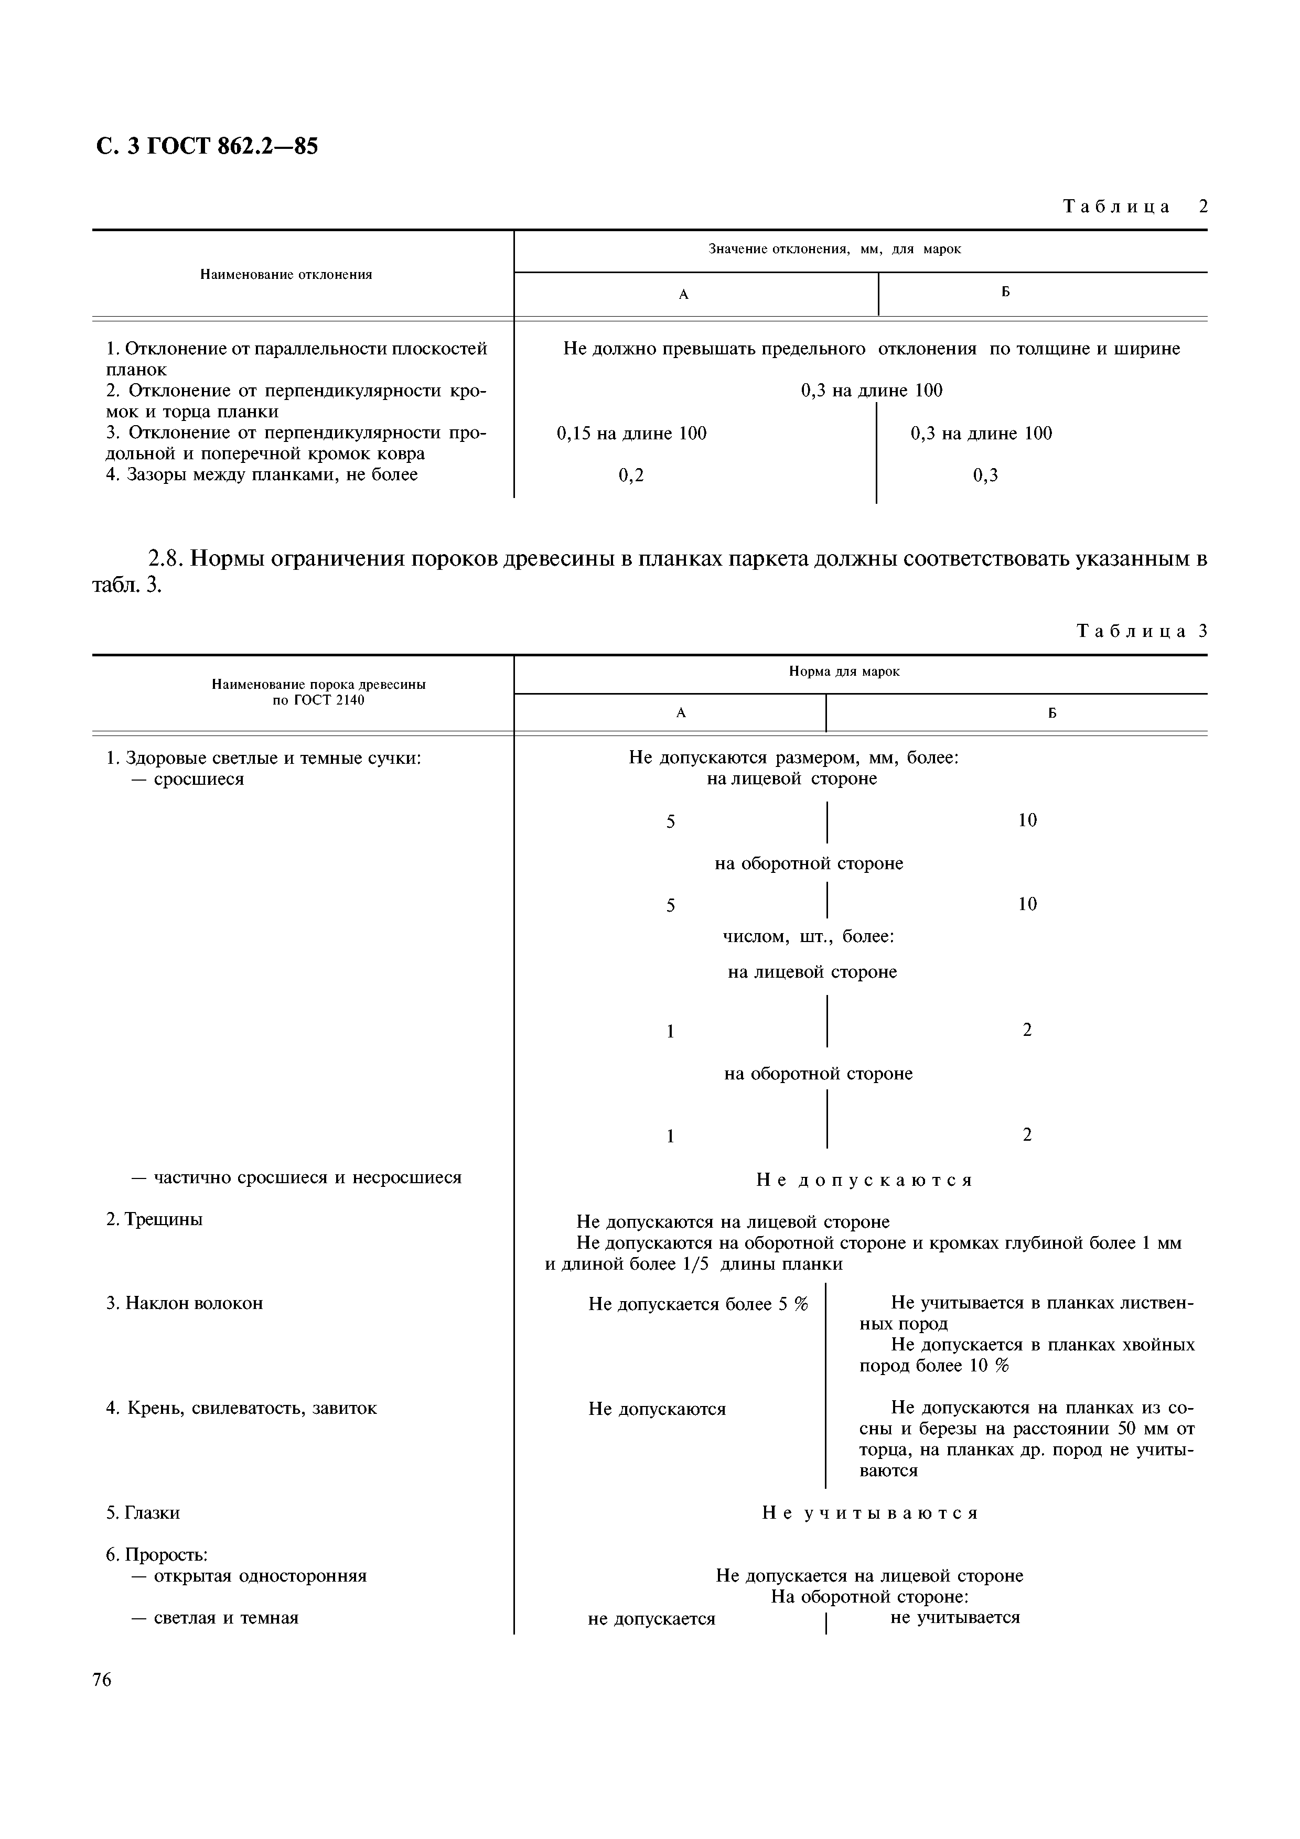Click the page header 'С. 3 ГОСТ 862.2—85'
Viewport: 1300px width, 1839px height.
coord(207,147)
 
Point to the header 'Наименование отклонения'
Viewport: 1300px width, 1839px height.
coord(286,275)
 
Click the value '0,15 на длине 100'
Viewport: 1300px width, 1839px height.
coord(631,434)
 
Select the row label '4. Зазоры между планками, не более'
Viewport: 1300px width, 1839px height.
coord(262,474)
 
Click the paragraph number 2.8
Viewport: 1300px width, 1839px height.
coord(167,557)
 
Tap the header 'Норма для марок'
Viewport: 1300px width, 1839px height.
coord(844,671)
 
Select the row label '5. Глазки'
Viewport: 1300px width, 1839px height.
coord(143,1512)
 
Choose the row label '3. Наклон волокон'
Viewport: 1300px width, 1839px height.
coord(185,1303)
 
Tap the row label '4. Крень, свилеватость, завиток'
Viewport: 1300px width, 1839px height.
coord(241,1408)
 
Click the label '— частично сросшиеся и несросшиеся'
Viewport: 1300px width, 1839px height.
coord(296,1177)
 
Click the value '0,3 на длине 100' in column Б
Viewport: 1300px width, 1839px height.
coord(981,434)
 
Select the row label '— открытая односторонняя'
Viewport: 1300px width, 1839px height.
coord(248,1575)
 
